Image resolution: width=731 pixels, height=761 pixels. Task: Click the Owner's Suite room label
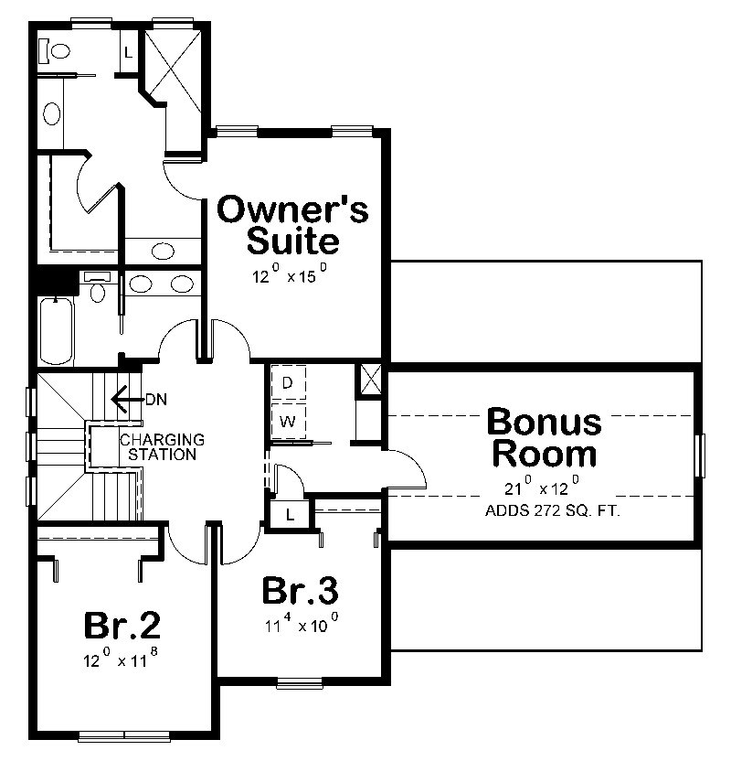click(x=293, y=225)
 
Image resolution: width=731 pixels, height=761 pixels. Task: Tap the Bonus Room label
click(x=544, y=437)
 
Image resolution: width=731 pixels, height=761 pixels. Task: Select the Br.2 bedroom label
click(x=122, y=626)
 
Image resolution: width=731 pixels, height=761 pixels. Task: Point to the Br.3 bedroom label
click(x=300, y=591)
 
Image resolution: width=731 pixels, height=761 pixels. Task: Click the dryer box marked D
click(x=287, y=383)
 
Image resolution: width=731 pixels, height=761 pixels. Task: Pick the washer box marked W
click(x=287, y=422)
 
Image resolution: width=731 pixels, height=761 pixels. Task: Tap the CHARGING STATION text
click(x=163, y=446)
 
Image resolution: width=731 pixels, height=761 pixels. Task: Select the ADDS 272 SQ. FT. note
click(x=552, y=510)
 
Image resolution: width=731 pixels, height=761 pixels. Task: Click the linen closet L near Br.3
click(x=290, y=515)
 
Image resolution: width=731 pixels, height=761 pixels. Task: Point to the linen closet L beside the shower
click(x=128, y=51)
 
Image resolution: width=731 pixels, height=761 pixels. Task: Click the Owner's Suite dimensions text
click(x=290, y=275)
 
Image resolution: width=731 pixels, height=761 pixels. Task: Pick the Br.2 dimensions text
click(x=122, y=659)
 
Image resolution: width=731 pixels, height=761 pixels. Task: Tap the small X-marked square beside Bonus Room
click(x=371, y=380)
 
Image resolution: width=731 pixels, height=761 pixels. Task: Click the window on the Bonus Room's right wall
click(x=701, y=456)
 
